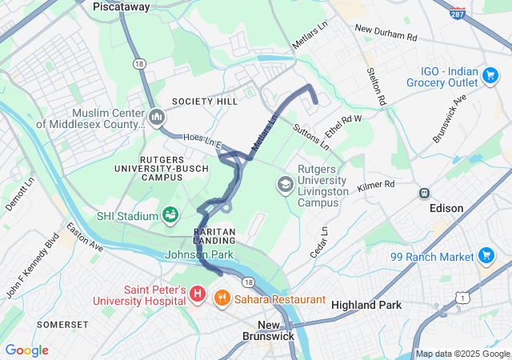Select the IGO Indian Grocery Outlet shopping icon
(490, 76)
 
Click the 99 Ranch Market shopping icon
(486, 256)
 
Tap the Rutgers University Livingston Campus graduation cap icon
(284, 185)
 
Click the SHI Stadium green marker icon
(170, 214)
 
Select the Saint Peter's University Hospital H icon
(198, 294)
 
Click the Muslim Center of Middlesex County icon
(157, 118)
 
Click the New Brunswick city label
(270, 330)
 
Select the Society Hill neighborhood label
(204, 102)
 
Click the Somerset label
(62, 324)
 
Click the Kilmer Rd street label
(376, 185)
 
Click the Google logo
(26, 350)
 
